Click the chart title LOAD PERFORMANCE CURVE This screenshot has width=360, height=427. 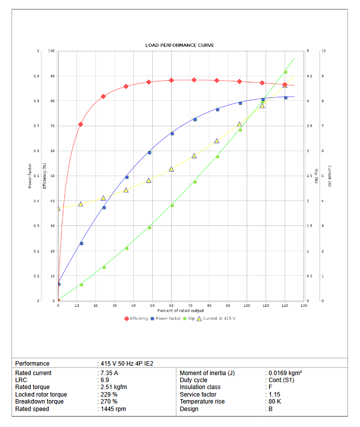(180, 45)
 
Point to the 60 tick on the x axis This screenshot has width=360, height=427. (171, 305)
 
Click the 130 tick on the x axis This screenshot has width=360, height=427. (304, 305)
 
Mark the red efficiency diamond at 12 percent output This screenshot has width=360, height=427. (80, 124)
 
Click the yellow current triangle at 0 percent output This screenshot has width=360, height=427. (58, 209)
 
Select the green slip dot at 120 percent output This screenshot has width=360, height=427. (286, 72)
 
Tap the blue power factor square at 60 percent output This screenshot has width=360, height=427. (172, 134)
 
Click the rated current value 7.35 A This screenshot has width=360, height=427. (109, 373)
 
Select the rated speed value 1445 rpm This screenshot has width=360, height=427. (113, 409)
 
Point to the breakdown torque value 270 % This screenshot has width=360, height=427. (109, 402)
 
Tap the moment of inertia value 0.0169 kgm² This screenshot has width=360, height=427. (285, 373)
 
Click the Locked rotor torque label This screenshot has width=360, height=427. (41, 395)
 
